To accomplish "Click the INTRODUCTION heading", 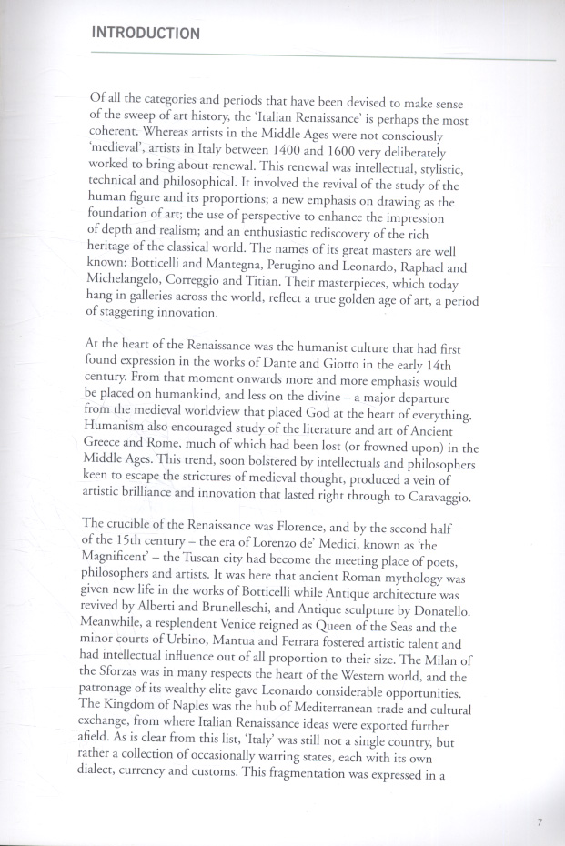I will pos(146,34).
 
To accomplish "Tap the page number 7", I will pos(540,822).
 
